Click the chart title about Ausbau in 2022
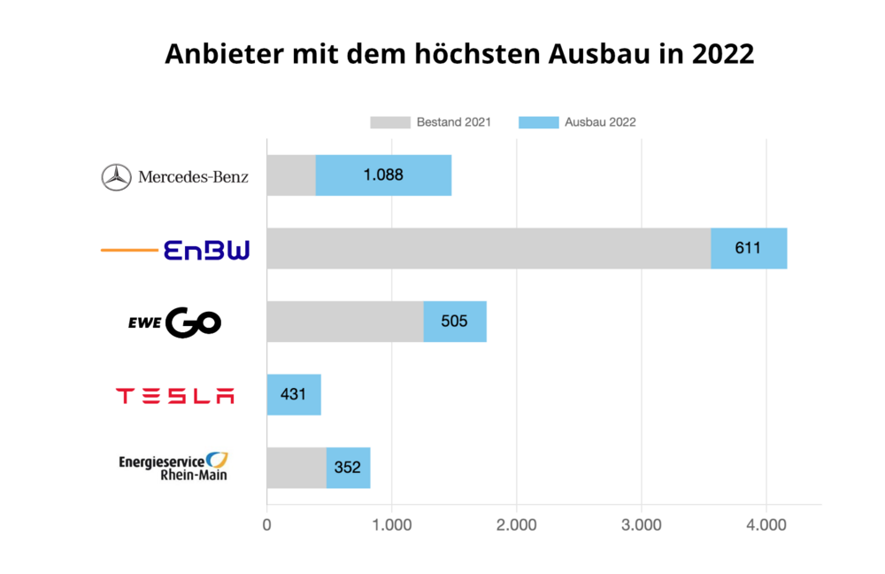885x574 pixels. click(x=459, y=54)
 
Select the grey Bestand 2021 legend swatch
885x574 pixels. click(x=390, y=122)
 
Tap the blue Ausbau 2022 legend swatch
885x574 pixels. click(x=538, y=122)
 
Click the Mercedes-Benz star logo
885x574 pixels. click(x=116, y=177)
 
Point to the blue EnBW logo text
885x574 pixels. click(x=207, y=250)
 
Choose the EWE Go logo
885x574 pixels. click(x=175, y=322)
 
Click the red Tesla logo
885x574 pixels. click(x=175, y=396)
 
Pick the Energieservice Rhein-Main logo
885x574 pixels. click(x=173, y=467)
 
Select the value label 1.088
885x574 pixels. click(x=383, y=175)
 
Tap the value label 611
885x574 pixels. click(x=748, y=248)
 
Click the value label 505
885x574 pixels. click(x=454, y=322)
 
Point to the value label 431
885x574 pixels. click(x=293, y=394)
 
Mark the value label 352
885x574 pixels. click(x=348, y=468)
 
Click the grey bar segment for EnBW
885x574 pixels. click(x=489, y=248)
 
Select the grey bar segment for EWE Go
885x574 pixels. click(x=345, y=322)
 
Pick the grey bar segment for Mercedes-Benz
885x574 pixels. click(x=291, y=175)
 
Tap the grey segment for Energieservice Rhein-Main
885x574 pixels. click(x=296, y=468)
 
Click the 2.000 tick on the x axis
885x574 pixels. click(x=517, y=524)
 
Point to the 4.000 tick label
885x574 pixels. click(x=766, y=524)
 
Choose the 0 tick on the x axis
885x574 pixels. click(x=267, y=524)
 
